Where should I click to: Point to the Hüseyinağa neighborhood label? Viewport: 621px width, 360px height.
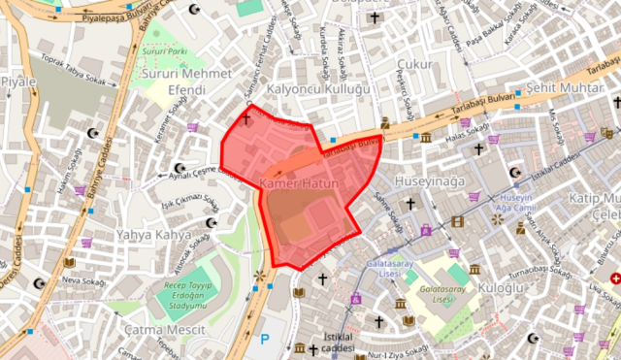[x=428, y=180]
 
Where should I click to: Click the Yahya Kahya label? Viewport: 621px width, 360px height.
[x=154, y=235]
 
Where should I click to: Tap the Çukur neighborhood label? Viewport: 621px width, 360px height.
[x=413, y=64]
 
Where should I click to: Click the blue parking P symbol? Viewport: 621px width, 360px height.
[x=265, y=341]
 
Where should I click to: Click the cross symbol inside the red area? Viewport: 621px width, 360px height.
[x=246, y=119]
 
